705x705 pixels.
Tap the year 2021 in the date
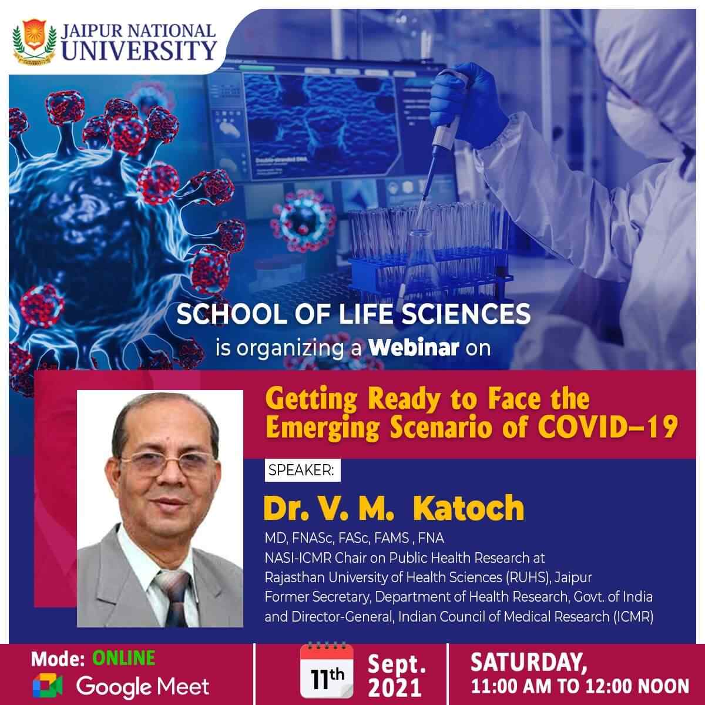coord(395,687)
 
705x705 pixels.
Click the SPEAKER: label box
coord(301,471)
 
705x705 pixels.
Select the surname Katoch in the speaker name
coord(468,508)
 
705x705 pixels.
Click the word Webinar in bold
coord(414,348)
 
